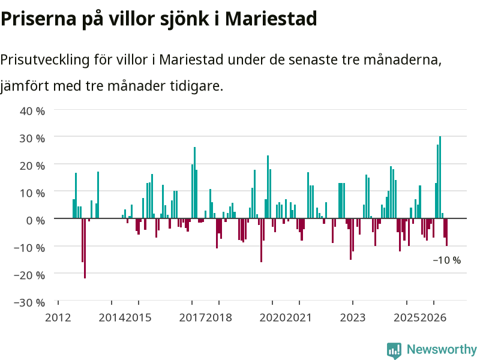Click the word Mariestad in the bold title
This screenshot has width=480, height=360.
tap(271, 19)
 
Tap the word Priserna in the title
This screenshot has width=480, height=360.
tap(38, 19)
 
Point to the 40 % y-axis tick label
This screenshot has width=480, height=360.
tap(32, 111)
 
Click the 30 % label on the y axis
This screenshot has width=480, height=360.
tap(32, 139)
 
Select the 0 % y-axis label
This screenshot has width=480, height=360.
tap(35, 220)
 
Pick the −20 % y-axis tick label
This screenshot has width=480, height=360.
tap(29, 275)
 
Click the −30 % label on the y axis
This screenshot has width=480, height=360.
tap(29, 302)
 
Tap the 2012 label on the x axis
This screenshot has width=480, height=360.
tap(58, 317)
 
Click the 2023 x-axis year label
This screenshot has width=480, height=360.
tap(353, 317)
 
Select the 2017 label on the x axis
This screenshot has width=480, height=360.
tap(192, 317)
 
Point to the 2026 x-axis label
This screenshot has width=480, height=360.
tap(433, 317)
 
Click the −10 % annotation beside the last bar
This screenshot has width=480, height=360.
tap(446, 260)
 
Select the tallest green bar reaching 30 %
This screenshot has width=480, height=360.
tap(440, 177)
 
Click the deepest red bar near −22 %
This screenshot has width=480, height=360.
tap(85, 248)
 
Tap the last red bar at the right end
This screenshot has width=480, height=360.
tap(446, 232)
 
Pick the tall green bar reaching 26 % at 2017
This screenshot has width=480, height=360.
tap(194, 183)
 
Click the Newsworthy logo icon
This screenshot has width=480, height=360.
tap(394, 350)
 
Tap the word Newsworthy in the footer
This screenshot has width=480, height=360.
tap(442, 349)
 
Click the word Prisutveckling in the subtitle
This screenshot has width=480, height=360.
tap(44, 59)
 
